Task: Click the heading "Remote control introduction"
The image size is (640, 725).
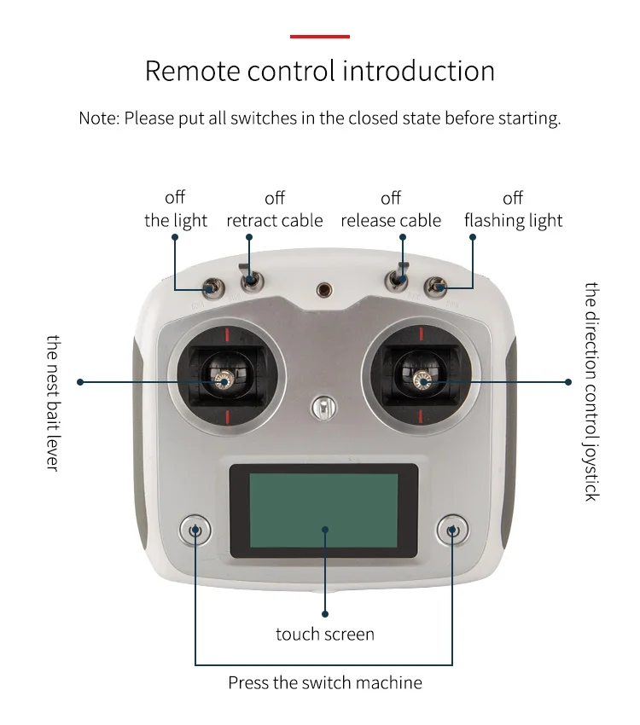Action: pos(319,71)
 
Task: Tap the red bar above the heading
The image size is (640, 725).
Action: pos(319,37)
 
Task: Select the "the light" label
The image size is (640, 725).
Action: pos(176,221)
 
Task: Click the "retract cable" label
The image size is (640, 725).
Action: pos(275,221)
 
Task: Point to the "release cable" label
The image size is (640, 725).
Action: pos(391,221)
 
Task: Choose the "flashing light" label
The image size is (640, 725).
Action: pos(514,221)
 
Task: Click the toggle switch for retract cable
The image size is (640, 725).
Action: pos(251,279)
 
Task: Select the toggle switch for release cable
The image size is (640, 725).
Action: pos(399,277)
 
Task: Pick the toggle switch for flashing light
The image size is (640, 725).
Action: pos(437,287)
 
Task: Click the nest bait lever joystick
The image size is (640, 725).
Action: pos(225,381)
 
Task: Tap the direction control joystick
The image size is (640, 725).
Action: pos(420,381)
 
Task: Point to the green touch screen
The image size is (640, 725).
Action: pos(323,511)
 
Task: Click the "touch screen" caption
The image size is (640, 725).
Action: pos(325,634)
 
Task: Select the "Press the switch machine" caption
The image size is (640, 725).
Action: pos(325,682)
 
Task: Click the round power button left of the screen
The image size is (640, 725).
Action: pos(195,531)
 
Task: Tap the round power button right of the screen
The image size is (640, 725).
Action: pos(451,531)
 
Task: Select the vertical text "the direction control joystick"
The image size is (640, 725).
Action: pos(591,391)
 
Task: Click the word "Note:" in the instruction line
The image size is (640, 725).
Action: pos(99,119)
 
